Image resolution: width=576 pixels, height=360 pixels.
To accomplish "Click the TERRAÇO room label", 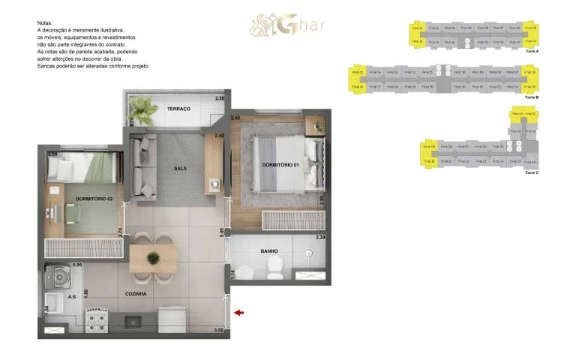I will click(178, 109).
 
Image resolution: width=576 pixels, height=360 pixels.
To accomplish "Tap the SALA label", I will click(180, 168).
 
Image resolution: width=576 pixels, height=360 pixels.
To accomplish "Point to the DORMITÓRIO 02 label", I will click(94, 199).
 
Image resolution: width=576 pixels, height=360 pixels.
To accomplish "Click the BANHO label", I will click(269, 251).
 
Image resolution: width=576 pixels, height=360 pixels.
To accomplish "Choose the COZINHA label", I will click(136, 294).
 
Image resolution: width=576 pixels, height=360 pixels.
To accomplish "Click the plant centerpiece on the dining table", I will click(153, 258).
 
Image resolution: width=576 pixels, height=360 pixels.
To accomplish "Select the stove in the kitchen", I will click(97, 322).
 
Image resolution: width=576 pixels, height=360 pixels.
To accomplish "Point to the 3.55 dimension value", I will click(219, 330).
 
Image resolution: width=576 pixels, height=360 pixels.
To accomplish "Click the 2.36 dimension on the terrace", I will click(220, 99).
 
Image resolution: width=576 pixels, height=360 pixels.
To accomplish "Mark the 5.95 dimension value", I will click(222, 232).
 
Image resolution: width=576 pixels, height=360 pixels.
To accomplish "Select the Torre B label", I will click(532, 97).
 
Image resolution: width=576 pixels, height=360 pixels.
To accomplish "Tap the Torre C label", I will click(532, 172).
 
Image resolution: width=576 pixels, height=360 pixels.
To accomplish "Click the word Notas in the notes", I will click(45, 23).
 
